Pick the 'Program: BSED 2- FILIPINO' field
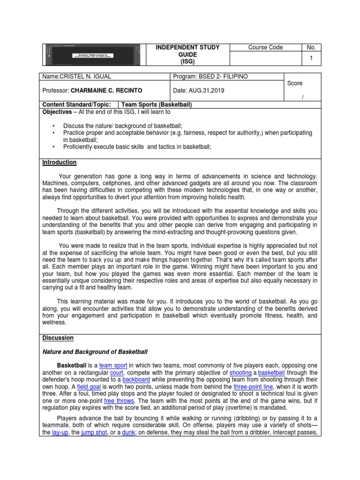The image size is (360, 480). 210,76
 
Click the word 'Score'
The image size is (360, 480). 295,83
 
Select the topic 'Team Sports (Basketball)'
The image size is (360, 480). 157,105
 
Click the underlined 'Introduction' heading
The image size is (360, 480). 60,162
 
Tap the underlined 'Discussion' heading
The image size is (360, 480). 58,337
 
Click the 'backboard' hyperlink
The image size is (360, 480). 136,379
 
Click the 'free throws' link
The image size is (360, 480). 119,401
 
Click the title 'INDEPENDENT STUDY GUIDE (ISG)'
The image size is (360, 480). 187,54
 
